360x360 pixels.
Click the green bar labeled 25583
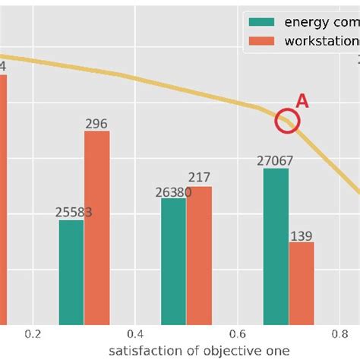tap(71, 272)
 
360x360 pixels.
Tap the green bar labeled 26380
tap(173, 261)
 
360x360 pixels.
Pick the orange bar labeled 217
tap(199, 255)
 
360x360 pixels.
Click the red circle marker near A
tap(287, 121)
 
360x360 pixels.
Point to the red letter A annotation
tap(302, 102)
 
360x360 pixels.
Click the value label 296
tap(96, 124)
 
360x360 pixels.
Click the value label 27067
tap(275, 161)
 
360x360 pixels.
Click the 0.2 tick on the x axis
tap(33, 334)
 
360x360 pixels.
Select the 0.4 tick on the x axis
tap(135, 334)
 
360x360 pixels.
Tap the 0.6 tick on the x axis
tap(237, 334)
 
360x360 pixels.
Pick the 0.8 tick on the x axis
tap(339, 334)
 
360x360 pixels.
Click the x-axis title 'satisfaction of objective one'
tap(198, 350)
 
